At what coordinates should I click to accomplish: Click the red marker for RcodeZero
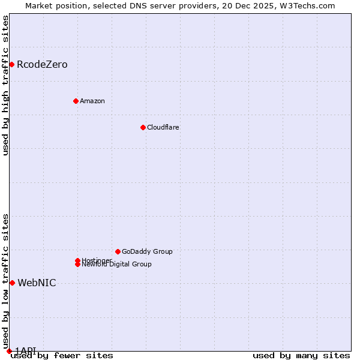(11, 64)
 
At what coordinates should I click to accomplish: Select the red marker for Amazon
(76, 101)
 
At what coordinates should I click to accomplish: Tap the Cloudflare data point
(143, 127)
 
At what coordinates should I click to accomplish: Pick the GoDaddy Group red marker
(118, 251)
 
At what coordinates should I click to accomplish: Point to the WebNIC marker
(12, 283)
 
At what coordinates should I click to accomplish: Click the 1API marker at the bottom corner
(9, 351)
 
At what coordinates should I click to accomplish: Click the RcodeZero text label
(42, 65)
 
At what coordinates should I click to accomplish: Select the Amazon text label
(92, 101)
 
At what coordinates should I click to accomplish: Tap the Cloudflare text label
(163, 127)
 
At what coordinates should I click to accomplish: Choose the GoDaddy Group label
(147, 251)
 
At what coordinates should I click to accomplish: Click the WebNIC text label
(37, 283)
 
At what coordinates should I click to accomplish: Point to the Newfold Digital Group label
(116, 264)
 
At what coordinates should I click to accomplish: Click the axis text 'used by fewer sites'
(62, 356)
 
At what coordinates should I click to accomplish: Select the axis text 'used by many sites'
(301, 356)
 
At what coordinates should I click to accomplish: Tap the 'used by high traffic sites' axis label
(6, 85)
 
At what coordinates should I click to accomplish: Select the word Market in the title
(39, 6)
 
